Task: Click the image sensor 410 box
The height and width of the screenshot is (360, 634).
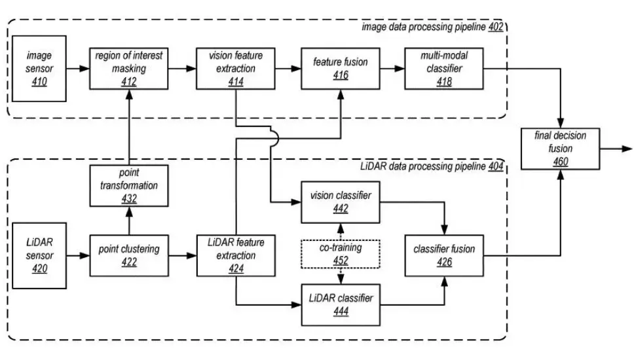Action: (x=39, y=68)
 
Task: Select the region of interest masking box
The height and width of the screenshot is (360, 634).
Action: (x=128, y=68)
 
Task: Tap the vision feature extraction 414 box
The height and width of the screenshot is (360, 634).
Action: (x=236, y=68)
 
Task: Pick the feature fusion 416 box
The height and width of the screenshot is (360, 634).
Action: (x=341, y=68)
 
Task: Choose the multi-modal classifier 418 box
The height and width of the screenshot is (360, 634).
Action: (x=444, y=68)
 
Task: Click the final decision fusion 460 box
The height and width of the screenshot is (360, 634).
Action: (x=561, y=149)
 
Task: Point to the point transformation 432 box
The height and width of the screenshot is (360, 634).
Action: (x=129, y=185)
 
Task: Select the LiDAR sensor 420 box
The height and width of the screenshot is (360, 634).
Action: (x=39, y=255)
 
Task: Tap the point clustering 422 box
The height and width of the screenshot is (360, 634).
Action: (x=129, y=255)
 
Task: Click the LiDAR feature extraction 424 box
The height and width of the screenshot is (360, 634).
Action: (x=236, y=255)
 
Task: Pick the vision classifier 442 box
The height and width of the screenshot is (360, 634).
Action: (x=341, y=202)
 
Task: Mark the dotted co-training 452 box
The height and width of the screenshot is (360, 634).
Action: (x=341, y=254)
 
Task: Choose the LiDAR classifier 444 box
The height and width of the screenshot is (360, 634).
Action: (x=341, y=304)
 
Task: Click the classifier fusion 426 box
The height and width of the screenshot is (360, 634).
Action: (x=444, y=255)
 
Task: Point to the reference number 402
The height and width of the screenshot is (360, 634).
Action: (x=496, y=27)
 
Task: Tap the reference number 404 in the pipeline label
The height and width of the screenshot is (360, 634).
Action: (x=496, y=166)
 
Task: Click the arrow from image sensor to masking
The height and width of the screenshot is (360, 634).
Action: (x=78, y=69)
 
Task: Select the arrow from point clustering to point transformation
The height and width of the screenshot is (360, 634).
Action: (x=129, y=221)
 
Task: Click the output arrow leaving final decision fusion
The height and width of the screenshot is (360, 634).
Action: (x=616, y=149)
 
